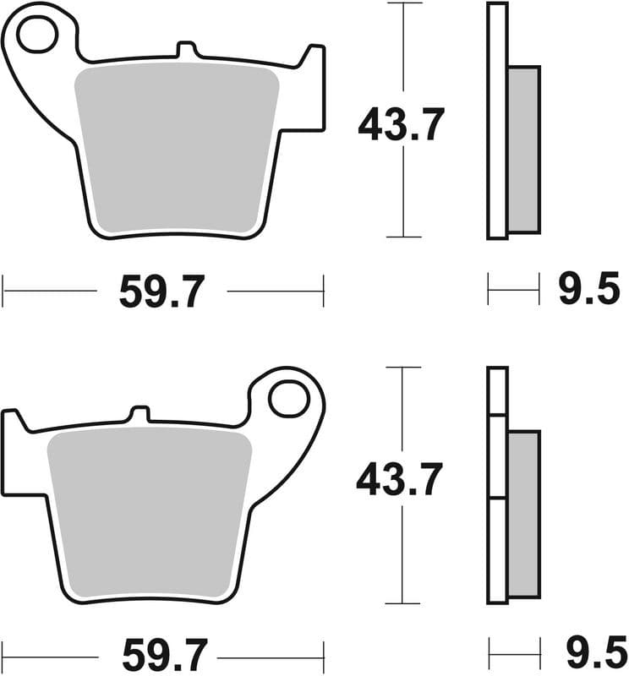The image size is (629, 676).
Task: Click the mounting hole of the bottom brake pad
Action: [290, 395]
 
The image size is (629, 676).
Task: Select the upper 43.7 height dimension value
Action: [401, 126]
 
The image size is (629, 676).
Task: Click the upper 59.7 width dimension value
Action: [161, 292]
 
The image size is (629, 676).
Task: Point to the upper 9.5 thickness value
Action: [589, 291]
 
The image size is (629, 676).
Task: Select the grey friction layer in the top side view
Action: [523, 150]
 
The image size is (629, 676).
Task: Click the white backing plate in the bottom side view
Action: [497, 486]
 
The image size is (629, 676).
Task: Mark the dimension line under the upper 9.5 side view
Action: [513, 290]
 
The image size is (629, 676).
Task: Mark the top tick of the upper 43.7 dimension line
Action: [404, 3]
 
